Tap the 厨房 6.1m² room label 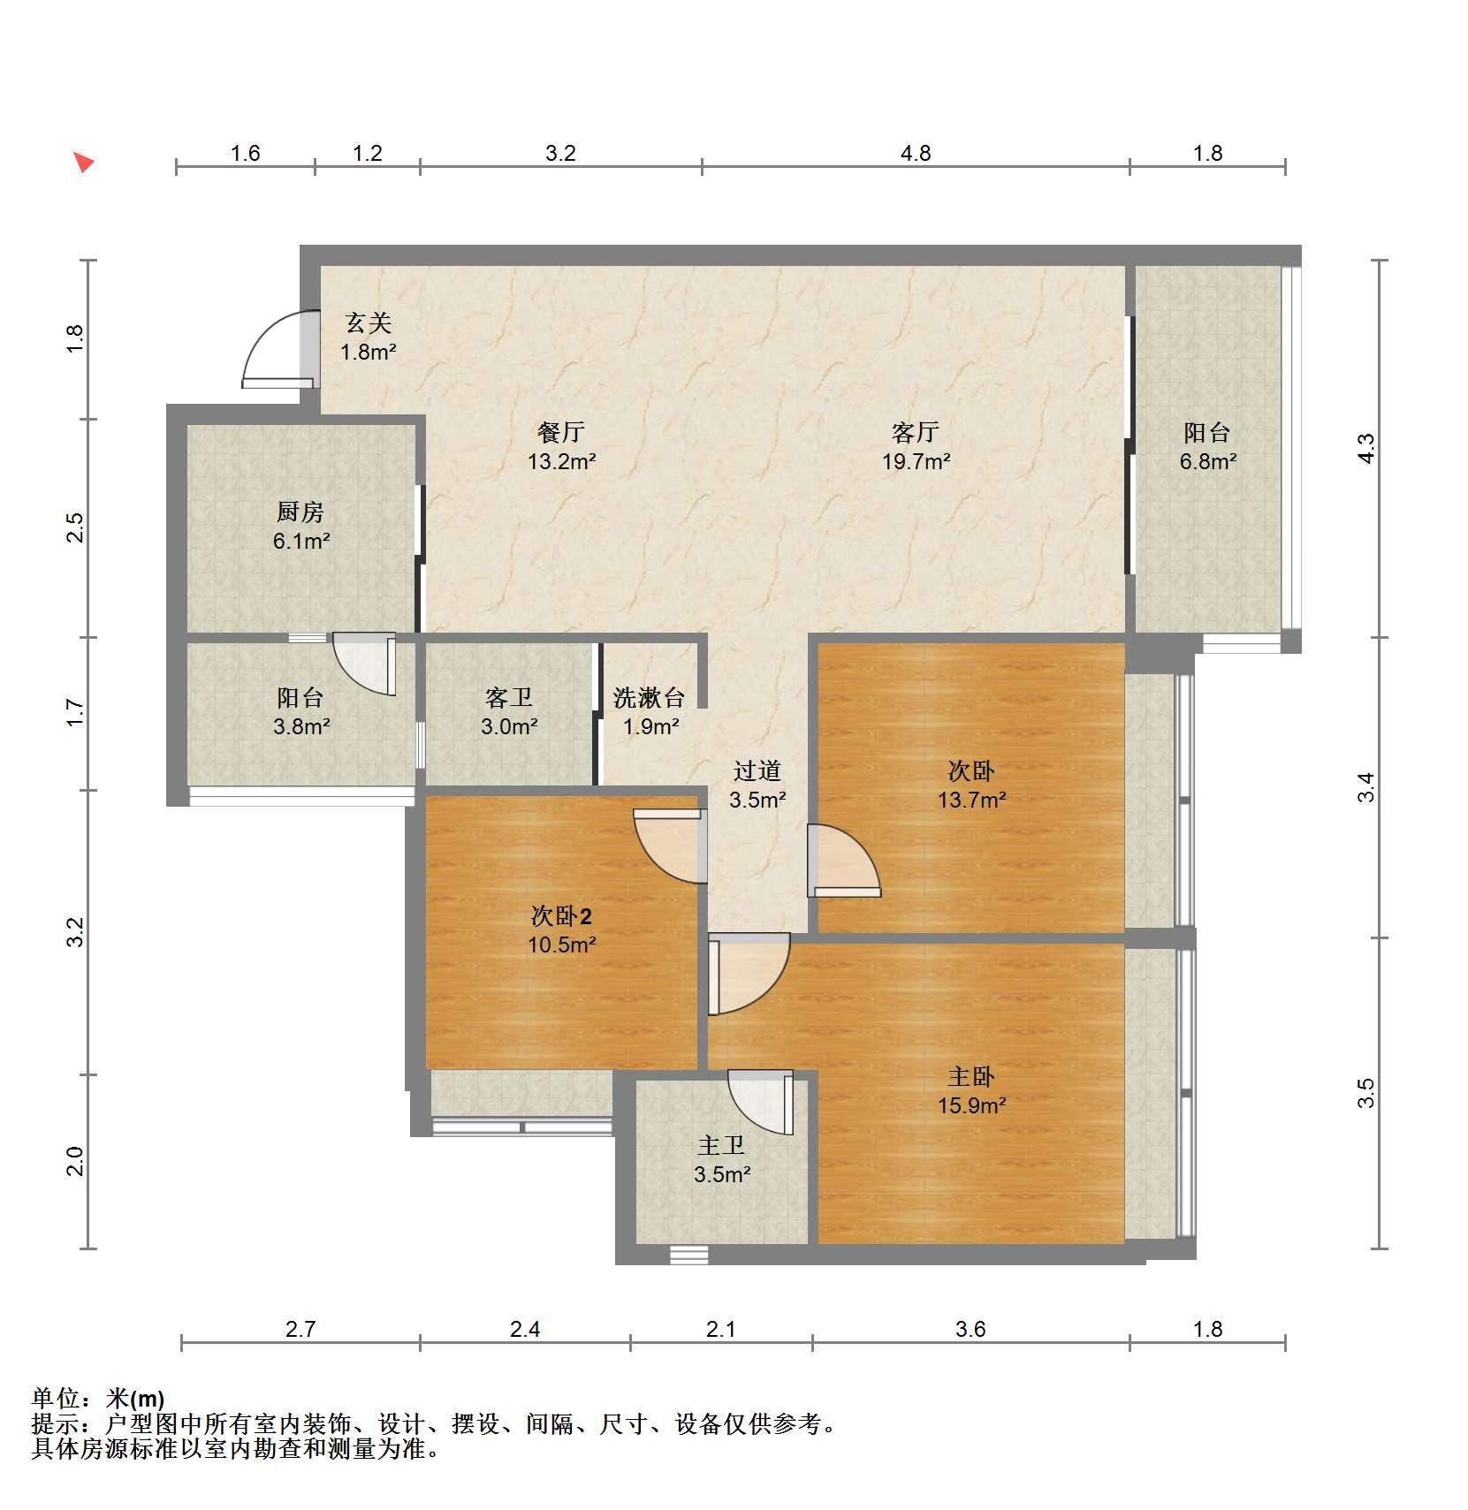pyautogui.click(x=300, y=526)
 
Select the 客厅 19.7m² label pyautogui.click(x=916, y=446)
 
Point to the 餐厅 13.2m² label pyautogui.click(x=561, y=446)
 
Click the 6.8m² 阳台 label pyautogui.click(x=1207, y=446)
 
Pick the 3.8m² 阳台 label pyautogui.click(x=300, y=711)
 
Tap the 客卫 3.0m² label pyautogui.click(x=509, y=711)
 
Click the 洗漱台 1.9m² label pyautogui.click(x=650, y=711)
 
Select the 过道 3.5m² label pyautogui.click(x=757, y=785)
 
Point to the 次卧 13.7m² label pyautogui.click(x=971, y=785)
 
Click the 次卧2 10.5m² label pyautogui.click(x=561, y=930)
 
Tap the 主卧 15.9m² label pyautogui.click(x=971, y=1090)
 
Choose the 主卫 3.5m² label pyautogui.click(x=722, y=1159)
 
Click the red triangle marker pyautogui.click(x=83, y=163)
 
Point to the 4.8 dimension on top pyautogui.click(x=916, y=153)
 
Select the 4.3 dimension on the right pyautogui.click(x=1366, y=448)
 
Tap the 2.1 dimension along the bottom pyautogui.click(x=721, y=1329)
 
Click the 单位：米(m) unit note pyautogui.click(x=98, y=1399)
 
